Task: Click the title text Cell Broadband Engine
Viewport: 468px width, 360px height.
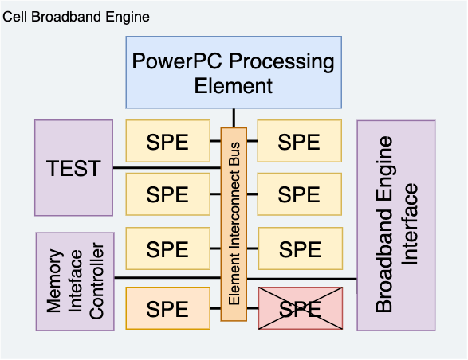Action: pyautogui.click(x=76, y=17)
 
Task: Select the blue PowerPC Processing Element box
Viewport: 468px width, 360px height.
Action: pyautogui.click(x=234, y=72)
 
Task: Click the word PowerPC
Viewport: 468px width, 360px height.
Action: pyautogui.click(x=177, y=61)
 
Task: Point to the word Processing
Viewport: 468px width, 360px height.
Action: pyautogui.click(x=281, y=62)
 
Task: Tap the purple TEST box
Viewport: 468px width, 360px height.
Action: pyautogui.click(x=73, y=168)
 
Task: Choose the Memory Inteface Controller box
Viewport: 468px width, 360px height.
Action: pyautogui.click(x=75, y=282)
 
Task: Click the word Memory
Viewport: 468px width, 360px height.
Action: pyautogui.click(x=55, y=281)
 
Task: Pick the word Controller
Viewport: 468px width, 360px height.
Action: pyautogui.click(x=96, y=281)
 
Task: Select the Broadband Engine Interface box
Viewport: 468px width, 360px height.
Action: pyautogui.click(x=396, y=225)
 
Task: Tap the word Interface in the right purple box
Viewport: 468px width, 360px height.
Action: pyautogui.click(x=409, y=225)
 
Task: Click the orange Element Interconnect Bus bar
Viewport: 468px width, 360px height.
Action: pyautogui.click(x=234, y=225)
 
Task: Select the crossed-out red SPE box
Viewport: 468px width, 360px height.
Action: pyautogui.click(x=301, y=308)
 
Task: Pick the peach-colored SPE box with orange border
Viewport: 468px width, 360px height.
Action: pyautogui.click(x=168, y=308)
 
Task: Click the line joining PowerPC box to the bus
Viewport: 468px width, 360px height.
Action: pyautogui.click(x=234, y=118)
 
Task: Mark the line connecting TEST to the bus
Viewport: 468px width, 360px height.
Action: pyautogui.click(x=167, y=168)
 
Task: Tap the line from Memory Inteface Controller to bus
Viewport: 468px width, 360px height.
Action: pyautogui.click(x=167, y=278)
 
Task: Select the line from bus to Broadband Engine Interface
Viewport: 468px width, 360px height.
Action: pyautogui.click(x=302, y=280)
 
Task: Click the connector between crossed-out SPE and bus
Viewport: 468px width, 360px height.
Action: pyautogui.click(x=253, y=308)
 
